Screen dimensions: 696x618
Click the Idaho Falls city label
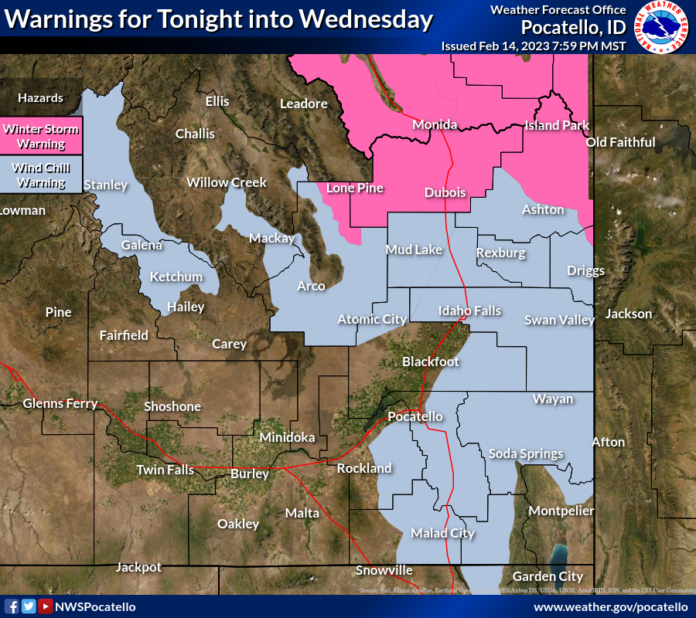(x=469, y=311)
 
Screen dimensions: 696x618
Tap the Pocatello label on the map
(x=415, y=416)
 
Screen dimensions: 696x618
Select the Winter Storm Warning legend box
(x=42, y=136)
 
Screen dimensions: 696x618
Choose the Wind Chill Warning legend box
(x=42, y=175)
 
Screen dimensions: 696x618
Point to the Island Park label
(x=557, y=125)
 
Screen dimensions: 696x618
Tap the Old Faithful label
(x=620, y=142)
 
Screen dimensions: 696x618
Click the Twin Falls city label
(x=164, y=470)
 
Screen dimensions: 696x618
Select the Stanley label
(x=105, y=185)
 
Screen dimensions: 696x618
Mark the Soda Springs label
(x=525, y=453)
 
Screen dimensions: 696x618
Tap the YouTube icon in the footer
(x=45, y=606)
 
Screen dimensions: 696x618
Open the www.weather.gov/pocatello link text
(x=610, y=606)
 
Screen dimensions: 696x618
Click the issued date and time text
(x=534, y=46)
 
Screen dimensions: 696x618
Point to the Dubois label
(x=445, y=192)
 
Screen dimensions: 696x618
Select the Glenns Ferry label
(x=60, y=403)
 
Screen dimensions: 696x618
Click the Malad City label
(x=442, y=533)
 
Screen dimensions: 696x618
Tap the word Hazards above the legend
(x=40, y=98)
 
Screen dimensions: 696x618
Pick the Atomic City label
(x=372, y=319)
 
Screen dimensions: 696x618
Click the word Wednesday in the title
(x=369, y=20)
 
